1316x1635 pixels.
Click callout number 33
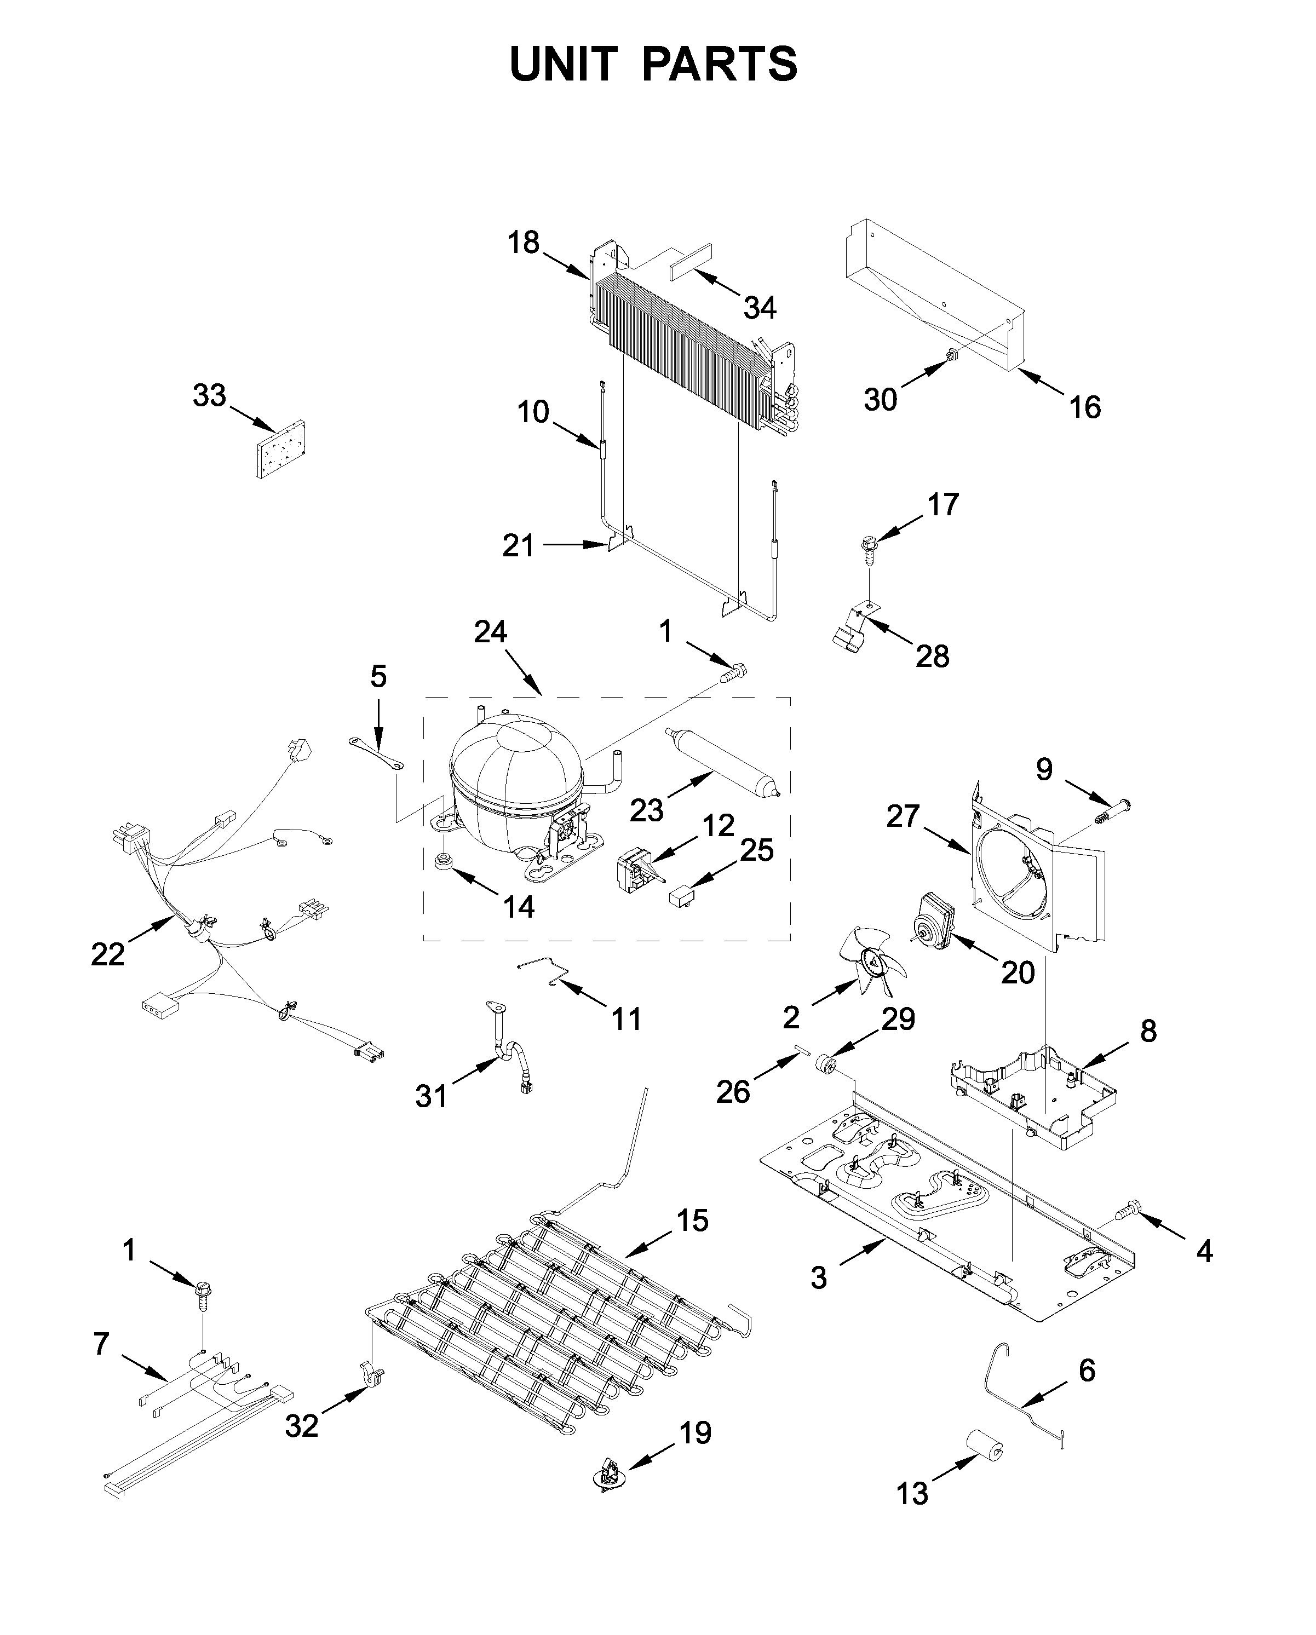pos(209,395)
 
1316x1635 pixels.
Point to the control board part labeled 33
pos(279,451)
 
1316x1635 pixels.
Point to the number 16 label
pos(1085,407)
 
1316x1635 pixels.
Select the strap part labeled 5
pos(376,755)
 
